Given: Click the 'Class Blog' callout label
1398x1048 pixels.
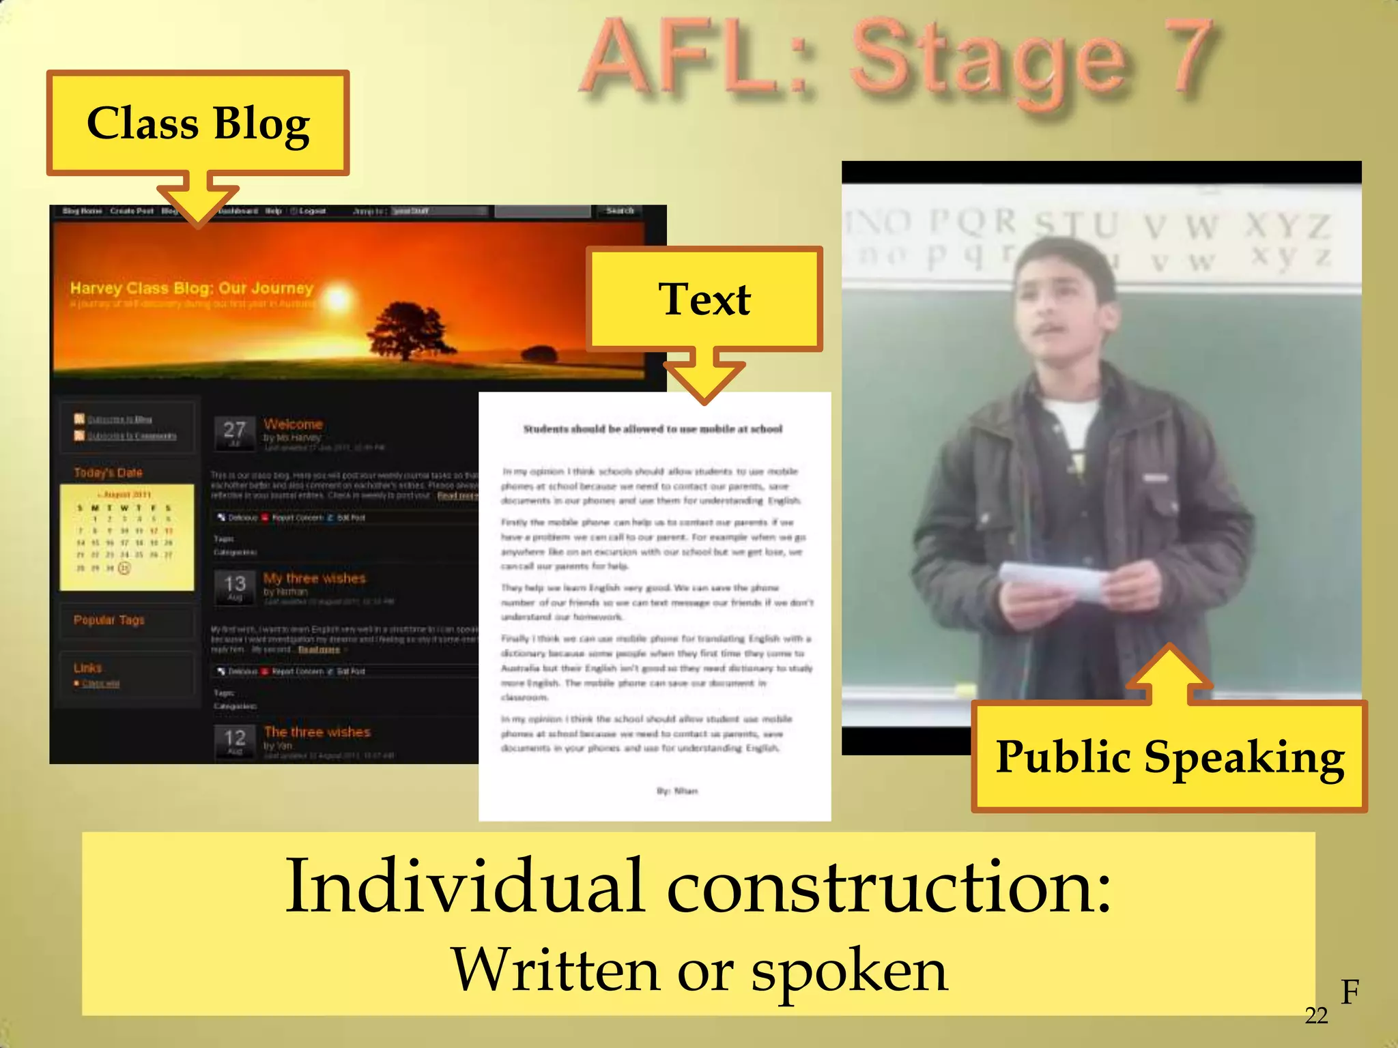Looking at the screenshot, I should click(198, 123).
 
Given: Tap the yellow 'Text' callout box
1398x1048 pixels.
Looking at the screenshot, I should click(704, 299).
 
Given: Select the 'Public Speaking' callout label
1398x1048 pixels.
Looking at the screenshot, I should click(1169, 757).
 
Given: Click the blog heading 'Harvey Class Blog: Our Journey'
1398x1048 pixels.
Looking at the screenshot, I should click(192, 288).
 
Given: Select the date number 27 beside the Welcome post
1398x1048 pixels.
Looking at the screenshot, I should click(234, 430).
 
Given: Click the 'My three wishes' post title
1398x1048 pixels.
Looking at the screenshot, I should click(314, 579).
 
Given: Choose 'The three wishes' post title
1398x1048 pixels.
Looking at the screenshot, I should click(317, 732).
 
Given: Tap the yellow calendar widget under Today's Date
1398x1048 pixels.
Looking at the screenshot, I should click(126, 538).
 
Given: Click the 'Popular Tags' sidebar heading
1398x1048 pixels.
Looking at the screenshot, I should click(109, 620).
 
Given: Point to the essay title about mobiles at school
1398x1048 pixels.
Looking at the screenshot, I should click(653, 429).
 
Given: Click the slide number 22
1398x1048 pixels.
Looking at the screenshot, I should click(1316, 1016).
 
